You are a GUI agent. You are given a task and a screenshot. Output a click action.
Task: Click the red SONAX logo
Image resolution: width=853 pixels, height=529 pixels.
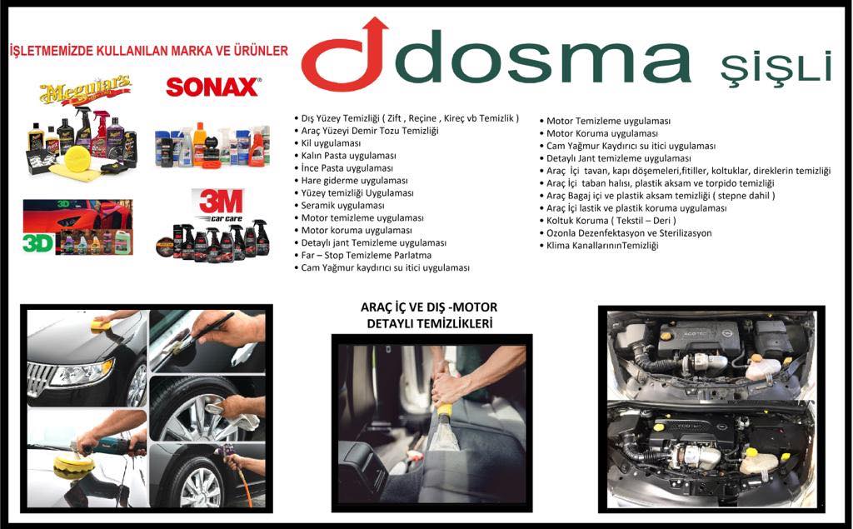(x=213, y=87)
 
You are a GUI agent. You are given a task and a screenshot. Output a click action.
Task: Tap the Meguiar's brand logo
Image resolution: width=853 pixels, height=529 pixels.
(x=85, y=91)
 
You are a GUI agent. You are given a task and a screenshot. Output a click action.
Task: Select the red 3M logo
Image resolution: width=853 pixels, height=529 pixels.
(x=221, y=202)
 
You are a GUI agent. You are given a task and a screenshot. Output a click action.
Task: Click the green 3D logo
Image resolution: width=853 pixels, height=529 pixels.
(x=38, y=242)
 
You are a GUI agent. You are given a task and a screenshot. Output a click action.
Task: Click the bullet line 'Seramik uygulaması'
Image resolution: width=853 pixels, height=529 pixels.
(x=342, y=205)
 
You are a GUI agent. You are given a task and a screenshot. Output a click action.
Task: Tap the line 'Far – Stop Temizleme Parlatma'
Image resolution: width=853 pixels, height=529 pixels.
(x=367, y=255)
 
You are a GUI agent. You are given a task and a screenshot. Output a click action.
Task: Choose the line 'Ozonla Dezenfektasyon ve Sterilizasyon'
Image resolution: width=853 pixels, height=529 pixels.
(x=629, y=233)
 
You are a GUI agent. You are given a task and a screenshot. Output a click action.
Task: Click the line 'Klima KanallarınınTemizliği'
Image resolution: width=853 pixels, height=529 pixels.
(x=602, y=246)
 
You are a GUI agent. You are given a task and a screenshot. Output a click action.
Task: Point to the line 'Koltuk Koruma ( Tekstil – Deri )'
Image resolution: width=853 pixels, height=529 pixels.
(x=611, y=221)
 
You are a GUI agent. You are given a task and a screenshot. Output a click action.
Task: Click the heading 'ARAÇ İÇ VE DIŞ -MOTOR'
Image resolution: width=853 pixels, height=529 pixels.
(x=429, y=307)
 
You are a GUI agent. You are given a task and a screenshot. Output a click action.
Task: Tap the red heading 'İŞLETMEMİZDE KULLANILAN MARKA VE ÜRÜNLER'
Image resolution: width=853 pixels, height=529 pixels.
(x=148, y=51)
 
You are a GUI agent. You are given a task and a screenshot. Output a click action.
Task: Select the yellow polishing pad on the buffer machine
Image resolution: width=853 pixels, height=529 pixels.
(x=73, y=467)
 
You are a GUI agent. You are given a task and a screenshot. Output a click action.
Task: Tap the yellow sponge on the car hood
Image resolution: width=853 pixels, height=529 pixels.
(x=101, y=325)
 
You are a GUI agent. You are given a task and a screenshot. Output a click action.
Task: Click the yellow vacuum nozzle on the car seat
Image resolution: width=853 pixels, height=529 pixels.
(x=445, y=409)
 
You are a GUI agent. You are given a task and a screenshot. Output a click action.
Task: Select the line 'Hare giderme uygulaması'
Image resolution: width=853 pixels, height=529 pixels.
(x=354, y=181)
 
